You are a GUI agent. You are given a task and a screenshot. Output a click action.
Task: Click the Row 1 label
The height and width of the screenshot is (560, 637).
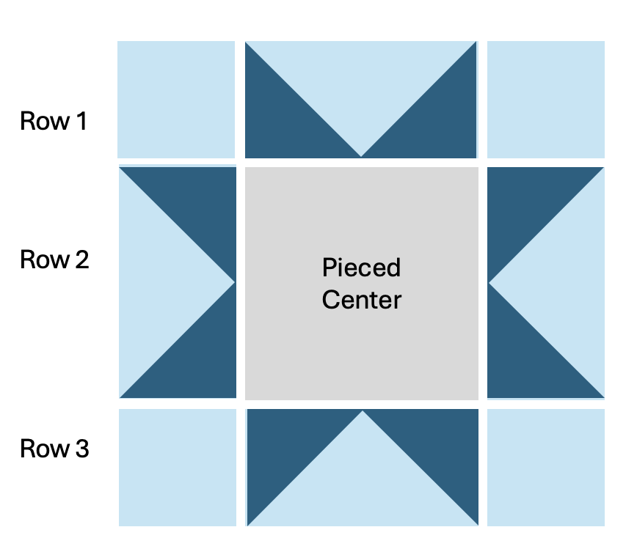point(53,121)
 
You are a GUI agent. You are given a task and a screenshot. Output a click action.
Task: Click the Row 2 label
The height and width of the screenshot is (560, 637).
point(54,259)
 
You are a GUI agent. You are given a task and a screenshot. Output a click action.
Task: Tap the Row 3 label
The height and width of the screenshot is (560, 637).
point(54,448)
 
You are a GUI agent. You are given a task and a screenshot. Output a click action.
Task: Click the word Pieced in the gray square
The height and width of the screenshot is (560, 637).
point(361,268)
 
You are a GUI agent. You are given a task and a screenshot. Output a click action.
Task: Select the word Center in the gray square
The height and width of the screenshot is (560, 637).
point(361,300)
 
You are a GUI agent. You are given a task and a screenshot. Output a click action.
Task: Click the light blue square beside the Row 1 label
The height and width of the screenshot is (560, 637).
point(176,100)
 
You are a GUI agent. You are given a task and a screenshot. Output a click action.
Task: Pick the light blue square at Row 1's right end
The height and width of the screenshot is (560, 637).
point(545,100)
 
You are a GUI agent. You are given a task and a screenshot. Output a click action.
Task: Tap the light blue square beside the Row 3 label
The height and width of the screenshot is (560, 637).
point(177,467)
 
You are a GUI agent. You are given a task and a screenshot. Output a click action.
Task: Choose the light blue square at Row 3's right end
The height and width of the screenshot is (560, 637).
point(545,467)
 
